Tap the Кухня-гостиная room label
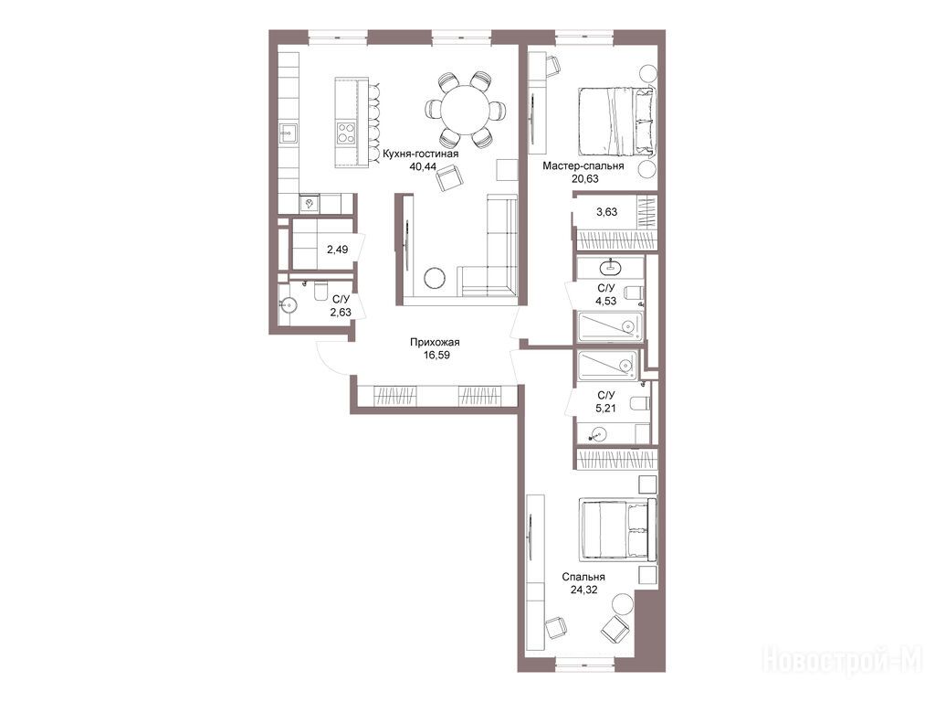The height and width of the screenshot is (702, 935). coord(421,154)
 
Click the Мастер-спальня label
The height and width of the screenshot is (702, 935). coord(583,166)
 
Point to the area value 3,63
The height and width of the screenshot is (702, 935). coord(607,212)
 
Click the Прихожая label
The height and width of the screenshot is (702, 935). coord(435,343)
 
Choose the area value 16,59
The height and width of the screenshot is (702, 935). coord(436,356)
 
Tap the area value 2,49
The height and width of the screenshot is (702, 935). coord(338,250)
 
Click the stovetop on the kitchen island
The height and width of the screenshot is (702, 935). coord(346,133)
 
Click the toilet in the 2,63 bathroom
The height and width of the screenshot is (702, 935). coord(320,290)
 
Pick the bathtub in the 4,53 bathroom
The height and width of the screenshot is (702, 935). coord(609,326)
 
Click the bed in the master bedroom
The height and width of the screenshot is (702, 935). coord(617,122)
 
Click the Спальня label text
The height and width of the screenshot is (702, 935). coord(583,578)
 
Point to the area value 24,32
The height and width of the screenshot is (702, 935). coord(583,590)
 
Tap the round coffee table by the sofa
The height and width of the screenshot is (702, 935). coord(434,278)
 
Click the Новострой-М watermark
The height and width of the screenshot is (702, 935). coord(842,660)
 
